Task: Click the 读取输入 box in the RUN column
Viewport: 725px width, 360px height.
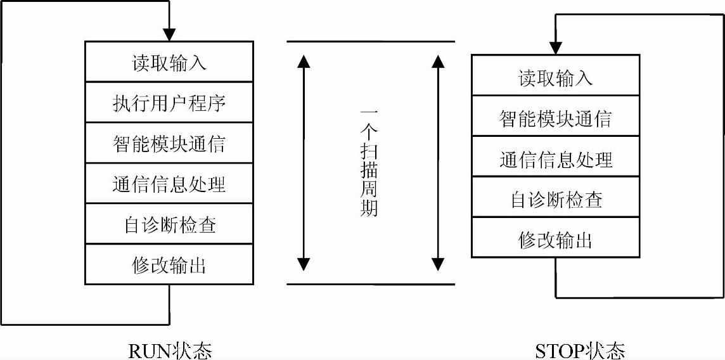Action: coord(169,62)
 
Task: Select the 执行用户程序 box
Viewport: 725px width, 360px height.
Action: coord(169,102)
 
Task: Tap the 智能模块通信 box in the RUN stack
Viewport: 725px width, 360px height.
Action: coord(169,143)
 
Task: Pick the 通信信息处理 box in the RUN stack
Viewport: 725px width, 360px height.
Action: coord(169,184)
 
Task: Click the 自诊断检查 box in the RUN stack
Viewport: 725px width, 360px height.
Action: coord(169,224)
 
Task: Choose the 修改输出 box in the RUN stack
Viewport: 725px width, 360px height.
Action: coord(169,264)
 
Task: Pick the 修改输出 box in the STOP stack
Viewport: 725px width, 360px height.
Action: coord(555,238)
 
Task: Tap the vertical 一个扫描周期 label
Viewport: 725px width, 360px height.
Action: coord(369,162)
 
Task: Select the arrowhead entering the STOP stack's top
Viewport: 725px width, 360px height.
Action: coord(555,48)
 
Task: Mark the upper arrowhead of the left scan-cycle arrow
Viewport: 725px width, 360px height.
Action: coord(304,61)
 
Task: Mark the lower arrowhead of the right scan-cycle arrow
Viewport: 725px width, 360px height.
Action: coord(437,264)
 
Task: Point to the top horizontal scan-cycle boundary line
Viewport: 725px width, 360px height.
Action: coord(371,42)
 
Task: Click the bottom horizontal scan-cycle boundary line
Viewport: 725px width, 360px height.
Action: coord(371,284)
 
